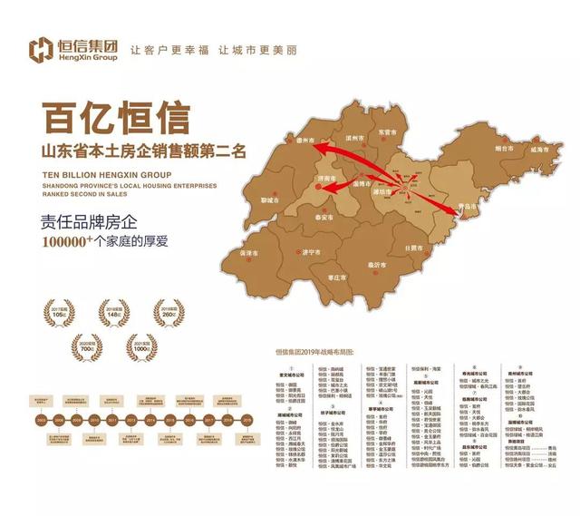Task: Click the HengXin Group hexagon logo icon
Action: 42,49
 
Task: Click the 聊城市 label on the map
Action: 270,200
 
